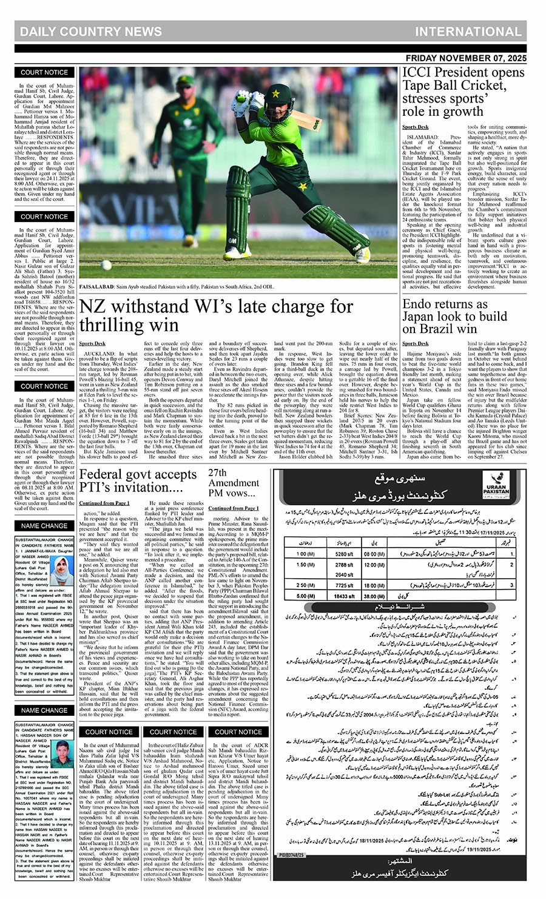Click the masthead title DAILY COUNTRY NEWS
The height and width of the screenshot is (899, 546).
[90, 32]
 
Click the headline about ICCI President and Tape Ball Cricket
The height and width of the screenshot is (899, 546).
[463, 92]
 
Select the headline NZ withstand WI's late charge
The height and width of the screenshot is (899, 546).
[216, 315]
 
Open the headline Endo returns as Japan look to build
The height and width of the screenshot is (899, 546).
[454, 316]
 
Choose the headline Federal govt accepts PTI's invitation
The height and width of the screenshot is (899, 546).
[138, 481]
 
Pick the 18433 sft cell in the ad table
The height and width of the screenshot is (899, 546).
[343, 596]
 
